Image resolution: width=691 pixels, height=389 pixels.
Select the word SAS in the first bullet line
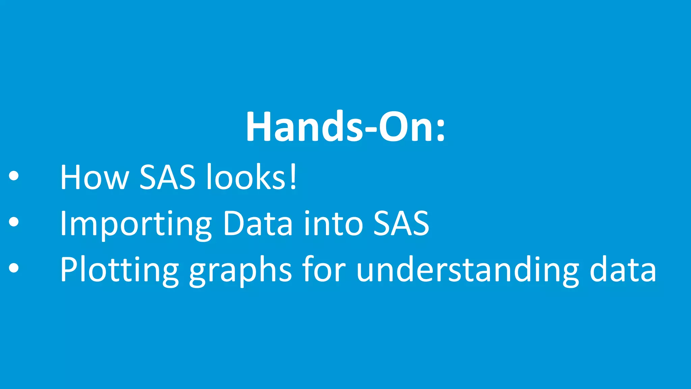click(x=167, y=177)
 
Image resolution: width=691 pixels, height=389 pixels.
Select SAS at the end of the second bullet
click(x=401, y=224)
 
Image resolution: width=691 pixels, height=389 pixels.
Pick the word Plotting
click(x=119, y=269)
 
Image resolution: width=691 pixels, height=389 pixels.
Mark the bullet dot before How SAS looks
click(x=14, y=176)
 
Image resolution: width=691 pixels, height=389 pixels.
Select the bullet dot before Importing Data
click(x=14, y=222)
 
